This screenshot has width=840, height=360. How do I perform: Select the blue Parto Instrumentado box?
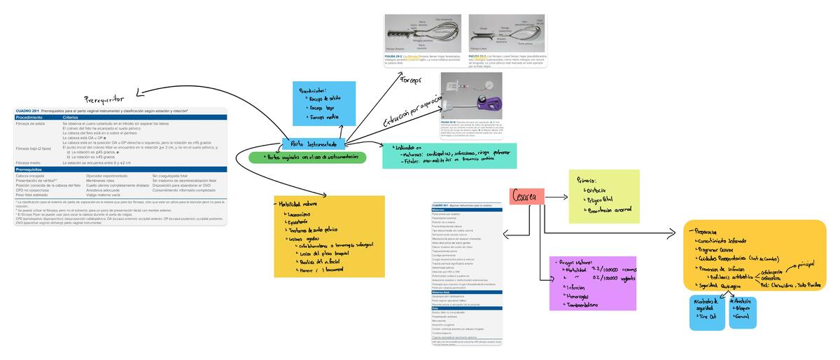click(311, 144)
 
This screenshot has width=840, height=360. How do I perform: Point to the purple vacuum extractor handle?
click(490, 104)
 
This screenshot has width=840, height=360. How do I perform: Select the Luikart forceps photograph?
click(507, 33)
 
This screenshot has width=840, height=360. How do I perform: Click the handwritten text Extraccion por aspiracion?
click(411, 112)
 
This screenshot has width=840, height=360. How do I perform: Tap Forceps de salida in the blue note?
click(325, 99)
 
